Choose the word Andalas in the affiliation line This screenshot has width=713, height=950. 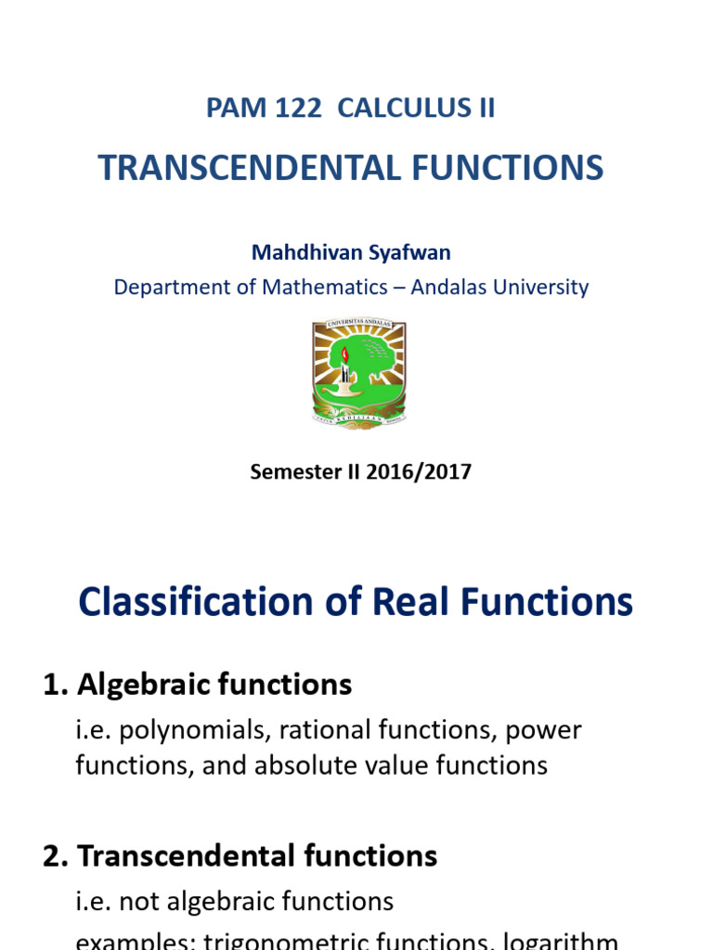[452, 288]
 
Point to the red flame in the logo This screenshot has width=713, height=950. [345, 354]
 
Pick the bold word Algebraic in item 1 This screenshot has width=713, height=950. [141, 686]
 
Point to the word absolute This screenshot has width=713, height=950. [360, 765]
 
